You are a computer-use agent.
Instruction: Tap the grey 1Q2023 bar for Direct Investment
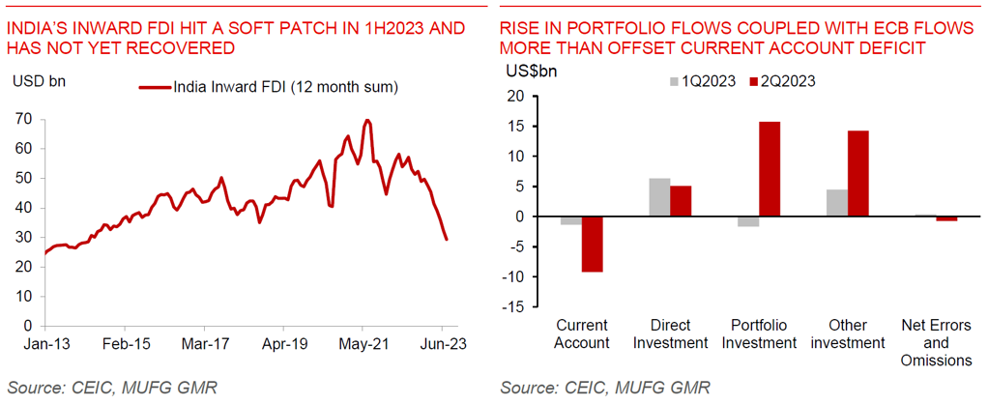click(658, 197)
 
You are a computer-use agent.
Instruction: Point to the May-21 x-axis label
click(362, 342)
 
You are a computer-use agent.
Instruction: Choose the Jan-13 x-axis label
click(44, 342)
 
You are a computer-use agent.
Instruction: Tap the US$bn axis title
click(532, 71)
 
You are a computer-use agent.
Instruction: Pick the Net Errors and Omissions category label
click(935, 342)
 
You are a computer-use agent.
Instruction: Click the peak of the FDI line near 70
click(366, 121)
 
